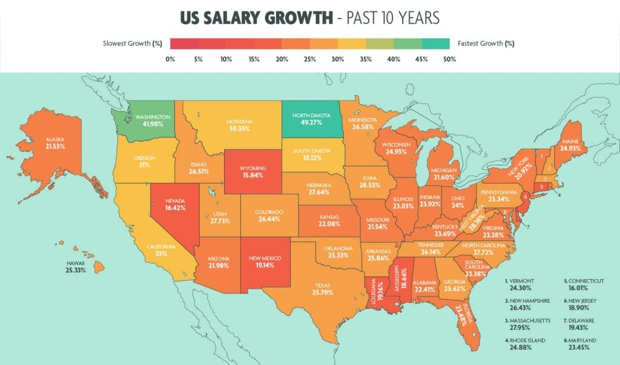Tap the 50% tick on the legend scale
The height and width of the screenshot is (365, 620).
point(449,59)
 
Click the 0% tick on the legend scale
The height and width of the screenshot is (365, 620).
point(170,59)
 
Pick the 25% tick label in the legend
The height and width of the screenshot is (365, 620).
point(309,59)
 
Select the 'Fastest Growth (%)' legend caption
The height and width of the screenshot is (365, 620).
point(487,44)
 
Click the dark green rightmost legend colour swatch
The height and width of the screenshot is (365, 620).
point(435,43)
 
